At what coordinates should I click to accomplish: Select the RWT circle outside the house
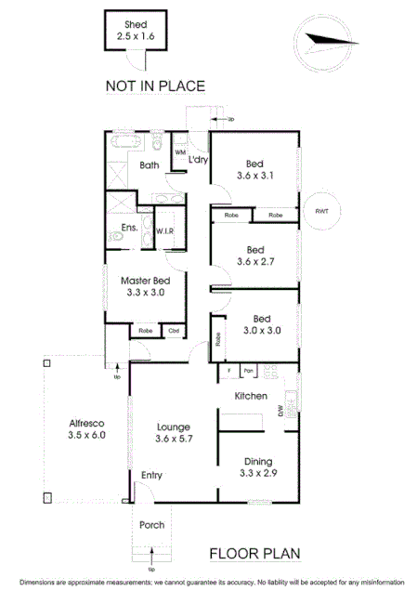pyautogui.click(x=322, y=210)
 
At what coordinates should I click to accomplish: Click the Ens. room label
pyautogui.click(x=129, y=227)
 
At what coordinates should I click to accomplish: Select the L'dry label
pyautogui.click(x=197, y=161)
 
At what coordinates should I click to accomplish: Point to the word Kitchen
pyautogui.click(x=251, y=396)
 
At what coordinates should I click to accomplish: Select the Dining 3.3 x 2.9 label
pyautogui.click(x=258, y=467)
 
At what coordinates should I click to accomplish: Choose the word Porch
pyautogui.click(x=151, y=525)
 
